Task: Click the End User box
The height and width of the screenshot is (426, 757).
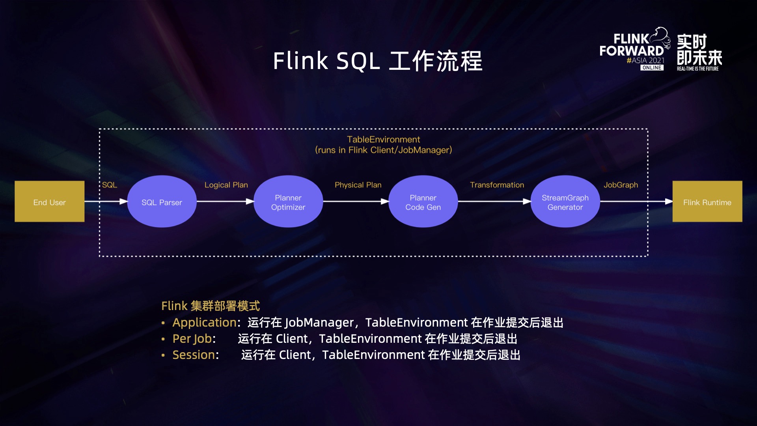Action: [49, 202]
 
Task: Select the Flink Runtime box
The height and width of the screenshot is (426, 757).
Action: [707, 202]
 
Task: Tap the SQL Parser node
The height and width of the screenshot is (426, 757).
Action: [162, 202]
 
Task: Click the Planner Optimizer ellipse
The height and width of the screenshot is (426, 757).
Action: [288, 202]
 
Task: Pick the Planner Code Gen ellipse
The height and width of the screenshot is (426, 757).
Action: [423, 202]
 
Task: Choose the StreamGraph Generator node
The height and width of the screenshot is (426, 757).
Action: [565, 202]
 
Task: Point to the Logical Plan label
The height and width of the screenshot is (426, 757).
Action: [226, 185]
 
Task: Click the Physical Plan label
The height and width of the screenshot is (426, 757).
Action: [358, 185]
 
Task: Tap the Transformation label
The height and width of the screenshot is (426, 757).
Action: [497, 185]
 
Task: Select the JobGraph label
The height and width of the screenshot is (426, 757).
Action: [621, 185]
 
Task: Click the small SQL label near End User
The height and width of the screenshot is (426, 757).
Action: [110, 185]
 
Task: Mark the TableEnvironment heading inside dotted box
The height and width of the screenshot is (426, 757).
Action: [383, 140]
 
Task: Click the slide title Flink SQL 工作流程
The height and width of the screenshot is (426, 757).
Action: [378, 61]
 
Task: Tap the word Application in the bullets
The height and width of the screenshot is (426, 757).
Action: [204, 323]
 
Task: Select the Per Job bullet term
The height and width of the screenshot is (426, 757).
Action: [192, 339]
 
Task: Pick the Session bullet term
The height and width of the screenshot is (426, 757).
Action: [194, 355]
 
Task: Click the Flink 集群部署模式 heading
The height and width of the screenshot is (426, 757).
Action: [211, 306]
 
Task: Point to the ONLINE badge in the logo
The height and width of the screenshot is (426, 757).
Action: [652, 68]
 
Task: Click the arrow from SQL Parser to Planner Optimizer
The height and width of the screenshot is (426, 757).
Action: [225, 202]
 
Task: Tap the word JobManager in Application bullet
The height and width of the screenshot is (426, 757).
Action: [319, 323]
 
